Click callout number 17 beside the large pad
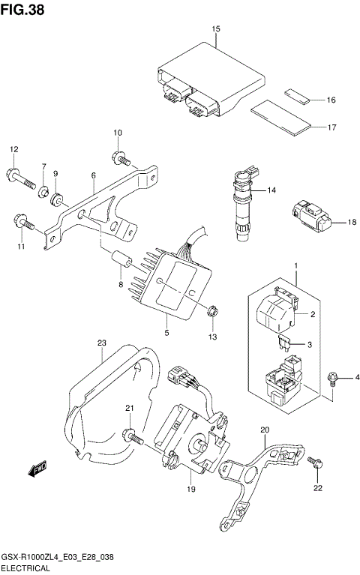(331, 127)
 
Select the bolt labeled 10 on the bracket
(120, 157)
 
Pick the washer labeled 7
(44, 190)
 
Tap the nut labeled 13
(211, 309)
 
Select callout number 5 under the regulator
(166, 331)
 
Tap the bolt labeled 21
(133, 433)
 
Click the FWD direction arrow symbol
(36, 471)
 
